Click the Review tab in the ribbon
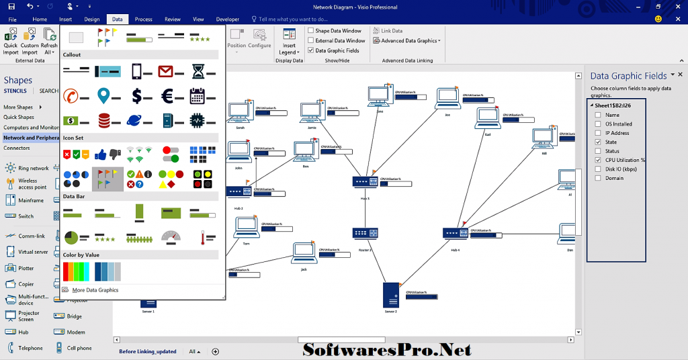point(173,19)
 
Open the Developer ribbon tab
point(227,19)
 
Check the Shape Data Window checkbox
point(311,31)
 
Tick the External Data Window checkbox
point(311,41)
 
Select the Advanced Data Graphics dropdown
point(411,41)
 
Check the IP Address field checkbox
point(598,133)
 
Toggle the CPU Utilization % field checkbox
point(598,160)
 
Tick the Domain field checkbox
point(598,178)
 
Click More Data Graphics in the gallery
point(95,290)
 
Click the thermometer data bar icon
point(203,237)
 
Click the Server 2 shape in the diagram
point(390,295)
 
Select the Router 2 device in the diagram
point(365,234)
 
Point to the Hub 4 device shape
point(455,234)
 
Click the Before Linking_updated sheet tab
point(148,351)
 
